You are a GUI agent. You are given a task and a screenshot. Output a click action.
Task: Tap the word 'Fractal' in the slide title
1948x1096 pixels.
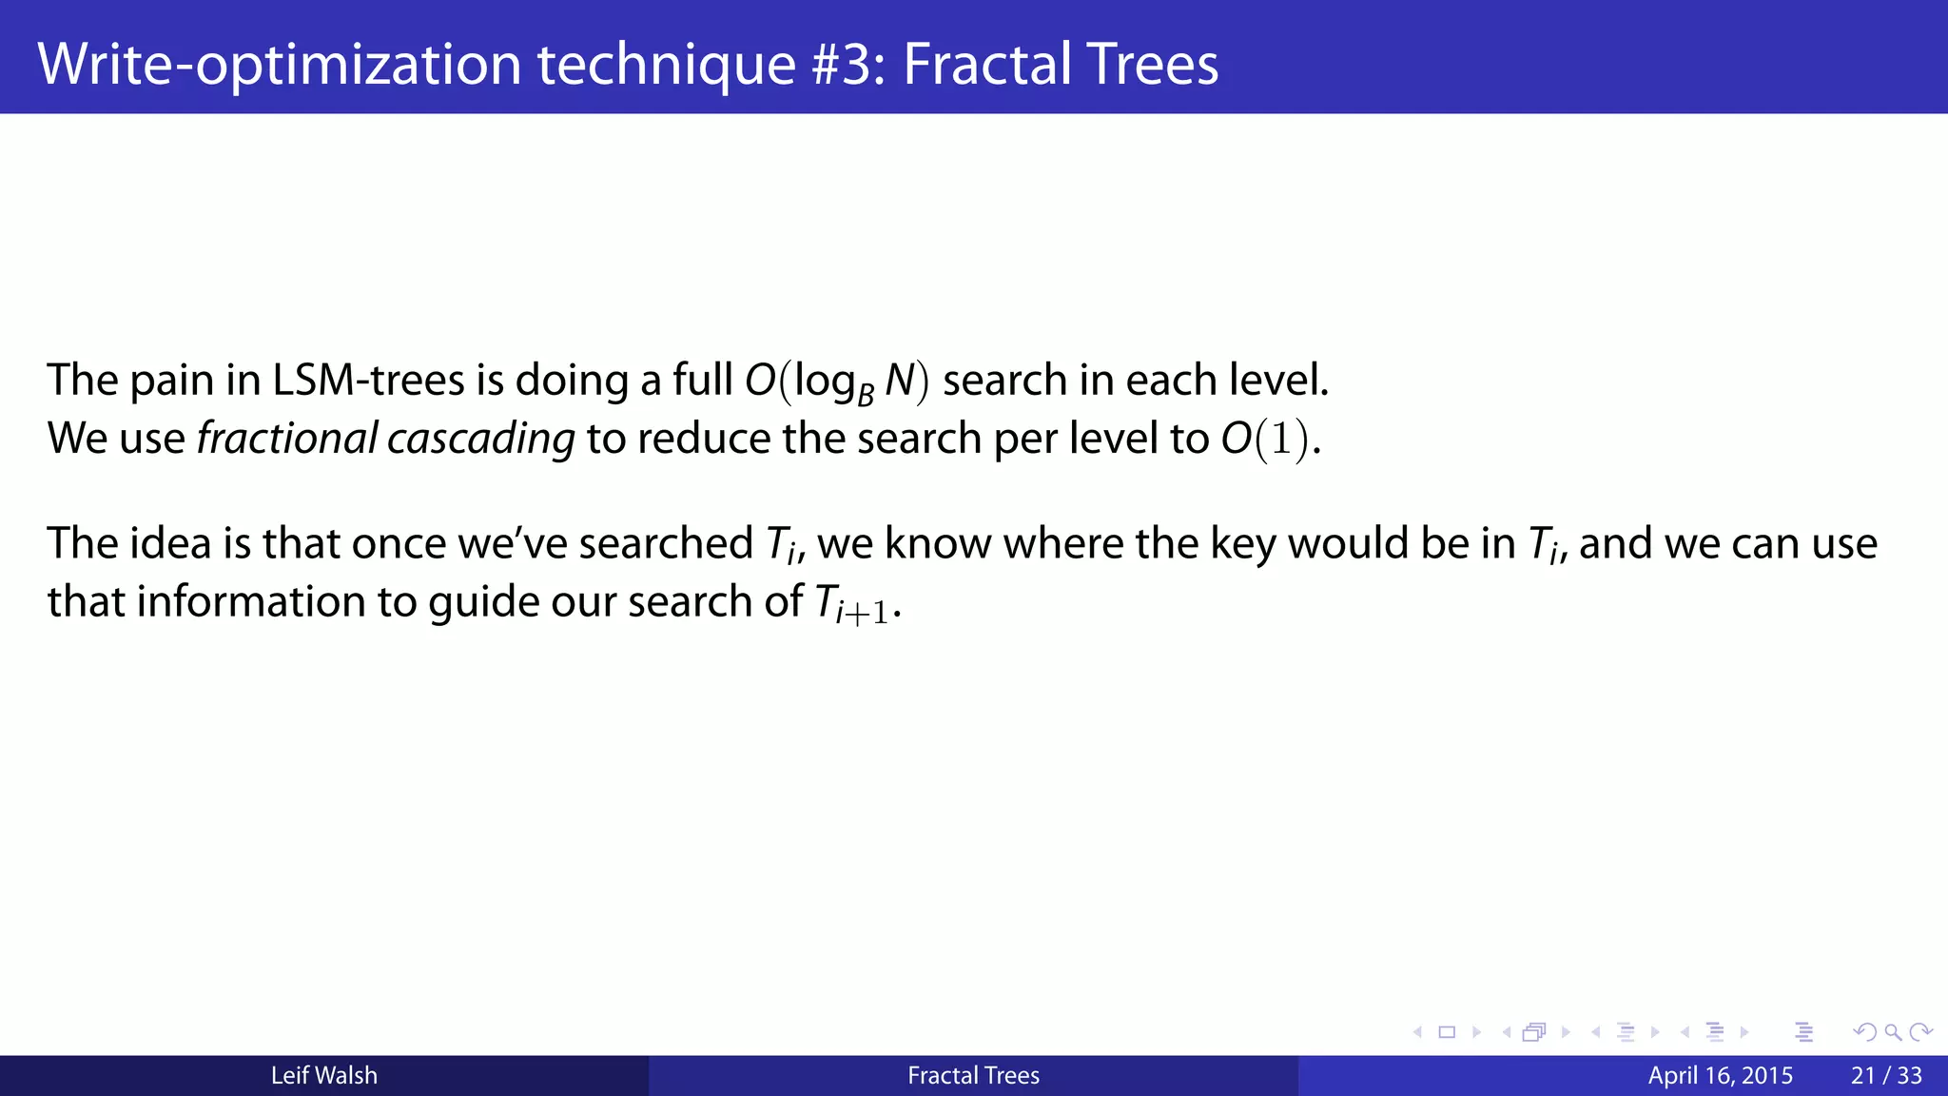[985, 64]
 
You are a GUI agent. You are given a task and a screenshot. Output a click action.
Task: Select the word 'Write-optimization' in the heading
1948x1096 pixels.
[279, 64]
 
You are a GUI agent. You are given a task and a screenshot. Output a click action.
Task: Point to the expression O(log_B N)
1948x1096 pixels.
[836, 382]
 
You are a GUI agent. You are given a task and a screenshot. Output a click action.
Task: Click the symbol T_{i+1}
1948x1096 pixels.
[852, 603]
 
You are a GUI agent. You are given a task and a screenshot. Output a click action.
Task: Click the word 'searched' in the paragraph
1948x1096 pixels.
[665, 543]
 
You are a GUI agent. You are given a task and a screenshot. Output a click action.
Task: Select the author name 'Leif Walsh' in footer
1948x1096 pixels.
[323, 1075]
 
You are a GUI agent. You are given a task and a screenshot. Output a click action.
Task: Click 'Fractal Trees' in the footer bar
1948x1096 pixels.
[973, 1075]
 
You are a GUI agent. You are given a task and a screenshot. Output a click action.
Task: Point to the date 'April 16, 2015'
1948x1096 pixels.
[1720, 1075]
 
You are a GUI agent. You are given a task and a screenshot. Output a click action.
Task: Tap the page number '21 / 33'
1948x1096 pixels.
[1886, 1075]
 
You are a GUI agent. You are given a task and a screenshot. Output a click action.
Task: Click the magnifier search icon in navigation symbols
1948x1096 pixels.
[1893, 1032]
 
